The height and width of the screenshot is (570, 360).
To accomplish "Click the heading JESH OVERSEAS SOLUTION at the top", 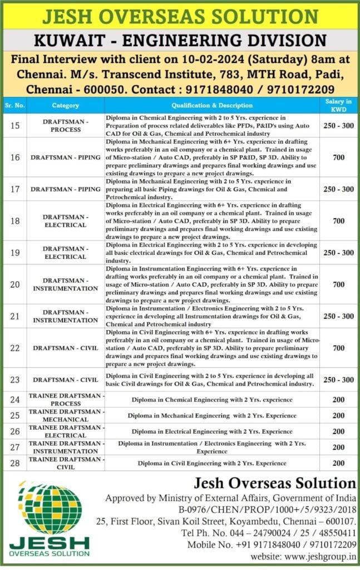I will coord(180,16).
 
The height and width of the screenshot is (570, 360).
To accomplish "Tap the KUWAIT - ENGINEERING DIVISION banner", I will coord(180,40).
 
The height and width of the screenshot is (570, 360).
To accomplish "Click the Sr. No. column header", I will coord(13,105).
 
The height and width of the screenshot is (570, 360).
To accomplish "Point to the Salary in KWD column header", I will coord(339,105).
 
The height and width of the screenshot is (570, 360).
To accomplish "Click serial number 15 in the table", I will coord(14,126).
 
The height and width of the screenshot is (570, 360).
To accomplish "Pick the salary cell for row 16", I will coord(339,158).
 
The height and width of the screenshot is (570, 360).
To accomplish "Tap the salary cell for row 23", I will coord(339,380).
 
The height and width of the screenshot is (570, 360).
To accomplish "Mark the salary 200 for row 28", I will coord(339,463).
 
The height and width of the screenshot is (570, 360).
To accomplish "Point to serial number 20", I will coord(14,284).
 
